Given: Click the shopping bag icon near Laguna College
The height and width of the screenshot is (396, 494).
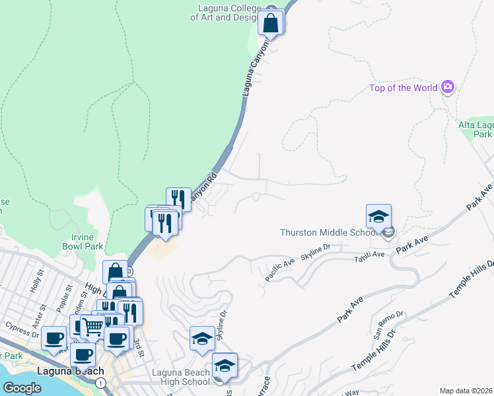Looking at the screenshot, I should coord(271,22).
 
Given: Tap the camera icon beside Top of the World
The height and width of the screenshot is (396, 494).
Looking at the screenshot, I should coord(448,87).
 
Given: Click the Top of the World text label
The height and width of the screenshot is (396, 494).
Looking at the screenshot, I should coord(403,88).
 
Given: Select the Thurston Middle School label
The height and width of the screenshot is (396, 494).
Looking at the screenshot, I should coord(328,232).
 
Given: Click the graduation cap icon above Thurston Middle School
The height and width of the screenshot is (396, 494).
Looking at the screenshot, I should coord(378,217).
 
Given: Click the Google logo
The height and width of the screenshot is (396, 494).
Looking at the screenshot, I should coord(22,388).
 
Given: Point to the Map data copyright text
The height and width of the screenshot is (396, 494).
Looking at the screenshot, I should coord(466,391).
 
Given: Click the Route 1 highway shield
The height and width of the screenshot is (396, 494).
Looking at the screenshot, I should coord(100,382).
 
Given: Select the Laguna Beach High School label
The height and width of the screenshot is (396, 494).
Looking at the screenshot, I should coord(180,377).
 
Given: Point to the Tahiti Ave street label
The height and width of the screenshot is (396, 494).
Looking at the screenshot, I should coord(369,254).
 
